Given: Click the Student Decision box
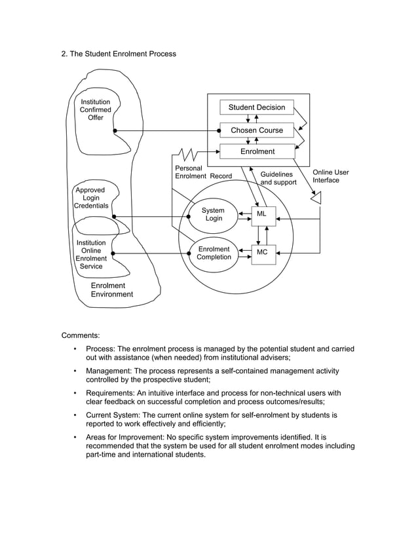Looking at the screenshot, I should tap(257, 107).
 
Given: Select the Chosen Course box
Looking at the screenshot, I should tap(257, 130).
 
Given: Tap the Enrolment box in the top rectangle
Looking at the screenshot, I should tap(257, 151).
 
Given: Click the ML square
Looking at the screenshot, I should tap(261, 214).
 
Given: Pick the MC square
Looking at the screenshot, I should tap(262, 252).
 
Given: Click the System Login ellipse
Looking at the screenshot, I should tap(213, 215).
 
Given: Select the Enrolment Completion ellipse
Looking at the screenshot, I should tap(214, 253).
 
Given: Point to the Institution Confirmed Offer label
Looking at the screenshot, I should tap(96, 110).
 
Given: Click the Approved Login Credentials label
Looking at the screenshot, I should tap(91, 198).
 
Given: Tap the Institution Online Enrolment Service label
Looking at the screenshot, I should tap(91, 255).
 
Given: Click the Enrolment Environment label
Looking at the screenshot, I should tap(111, 290).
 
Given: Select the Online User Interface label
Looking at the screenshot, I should tap(330, 176).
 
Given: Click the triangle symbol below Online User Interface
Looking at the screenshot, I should tap(316, 197).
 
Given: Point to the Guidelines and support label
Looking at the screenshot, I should tap(278, 178).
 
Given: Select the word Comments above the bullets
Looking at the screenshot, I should tap(81, 335).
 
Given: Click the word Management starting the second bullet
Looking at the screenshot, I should tap(109, 371).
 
